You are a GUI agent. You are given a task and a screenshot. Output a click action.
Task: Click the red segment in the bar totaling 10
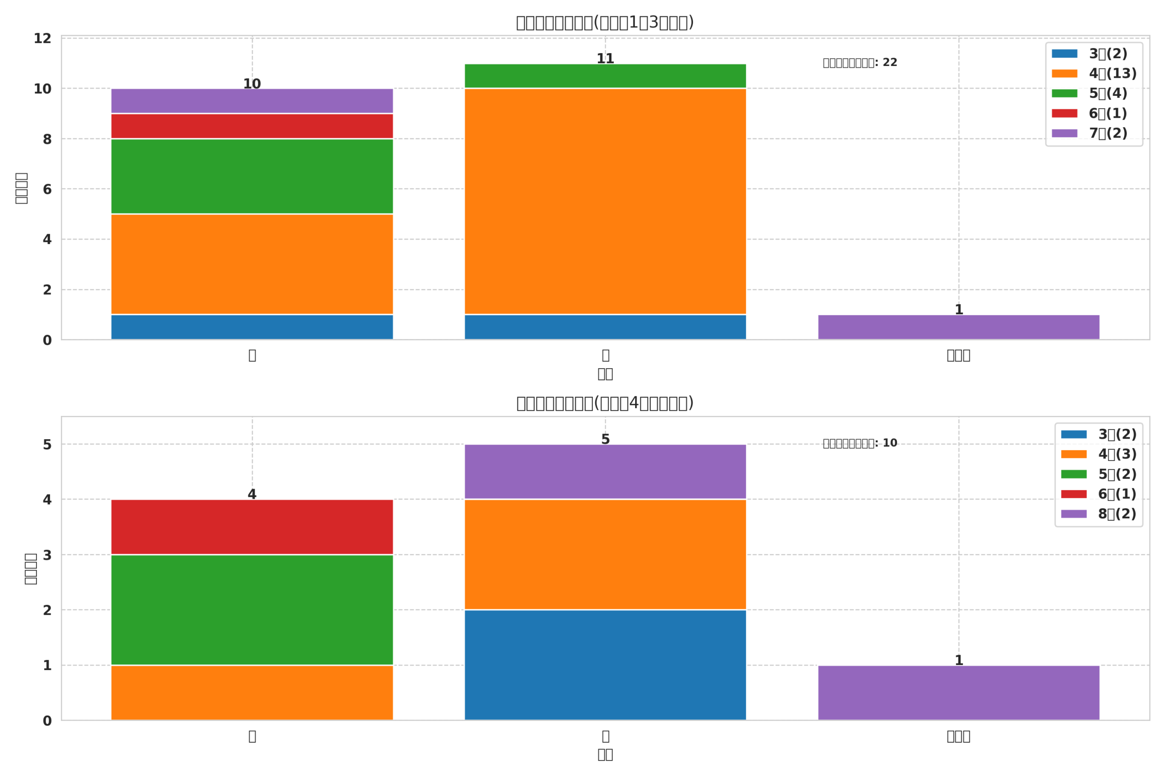pyautogui.click(x=252, y=126)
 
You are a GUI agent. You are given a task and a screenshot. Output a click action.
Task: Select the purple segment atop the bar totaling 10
pyautogui.click(x=252, y=101)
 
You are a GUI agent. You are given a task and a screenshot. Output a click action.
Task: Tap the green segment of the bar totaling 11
pyautogui.click(x=605, y=76)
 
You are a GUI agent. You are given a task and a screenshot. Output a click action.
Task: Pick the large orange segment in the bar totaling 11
pyautogui.click(x=605, y=201)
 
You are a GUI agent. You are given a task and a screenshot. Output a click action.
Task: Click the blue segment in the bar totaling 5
pyautogui.click(x=605, y=665)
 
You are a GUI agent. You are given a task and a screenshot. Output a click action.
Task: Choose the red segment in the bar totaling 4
pyautogui.click(x=252, y=526)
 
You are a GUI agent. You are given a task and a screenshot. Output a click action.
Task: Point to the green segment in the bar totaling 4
pyautogui.click(x=252, y=610)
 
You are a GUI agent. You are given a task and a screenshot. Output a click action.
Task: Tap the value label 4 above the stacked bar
pyautogui.click(x=252, y=495)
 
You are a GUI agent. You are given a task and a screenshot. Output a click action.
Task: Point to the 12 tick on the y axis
pyautogui.click(x=43, y=39)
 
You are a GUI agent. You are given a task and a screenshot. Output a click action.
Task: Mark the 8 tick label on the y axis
pyautogui.click(x=47, y=139)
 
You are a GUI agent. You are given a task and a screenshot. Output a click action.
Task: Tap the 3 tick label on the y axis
pyautogui.click(x=47, y=555)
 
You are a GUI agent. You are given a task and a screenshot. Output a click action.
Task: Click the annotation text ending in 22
pyautogui.click(x=860, y=63)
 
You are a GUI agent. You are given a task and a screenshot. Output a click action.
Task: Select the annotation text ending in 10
pyautogui.click(x=860, y=443)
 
